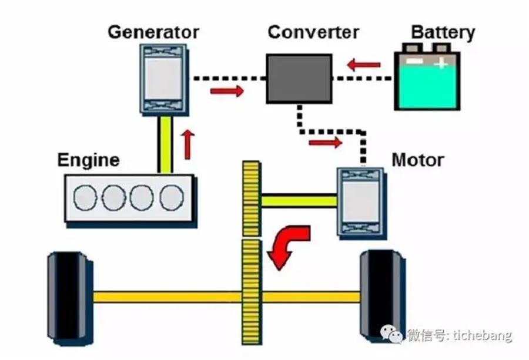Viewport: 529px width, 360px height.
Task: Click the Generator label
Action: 153,32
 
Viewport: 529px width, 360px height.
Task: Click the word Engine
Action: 88,160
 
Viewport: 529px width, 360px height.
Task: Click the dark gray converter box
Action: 299,78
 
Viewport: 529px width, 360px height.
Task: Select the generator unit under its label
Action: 163,78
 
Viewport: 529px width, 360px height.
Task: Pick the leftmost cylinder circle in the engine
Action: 85,198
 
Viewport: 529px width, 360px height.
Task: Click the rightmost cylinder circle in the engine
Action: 172,198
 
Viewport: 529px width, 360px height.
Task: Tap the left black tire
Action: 69,297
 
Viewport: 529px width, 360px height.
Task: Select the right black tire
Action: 381,297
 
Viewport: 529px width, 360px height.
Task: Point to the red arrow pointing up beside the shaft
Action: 188,144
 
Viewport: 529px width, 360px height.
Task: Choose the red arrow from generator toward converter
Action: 226,91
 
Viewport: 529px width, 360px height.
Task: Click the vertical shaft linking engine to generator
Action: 165,144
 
